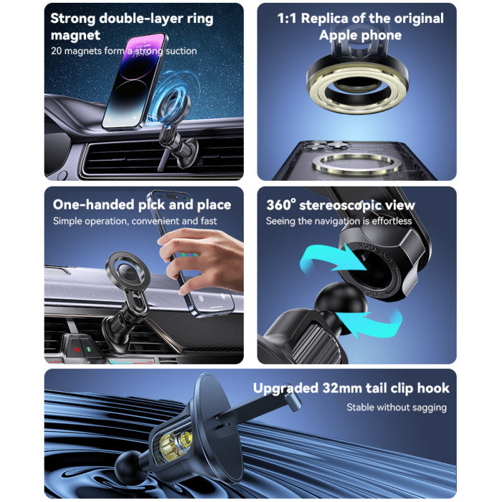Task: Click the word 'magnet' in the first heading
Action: coord(75,35)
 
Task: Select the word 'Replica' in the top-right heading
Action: coord(325,19)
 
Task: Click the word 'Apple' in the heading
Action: coord(338,35)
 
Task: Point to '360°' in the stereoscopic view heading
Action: coord(280,205)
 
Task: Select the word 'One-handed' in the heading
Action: coord(93,204)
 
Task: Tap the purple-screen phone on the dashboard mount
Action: coord(135,82)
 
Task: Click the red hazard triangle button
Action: coord(77,349)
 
